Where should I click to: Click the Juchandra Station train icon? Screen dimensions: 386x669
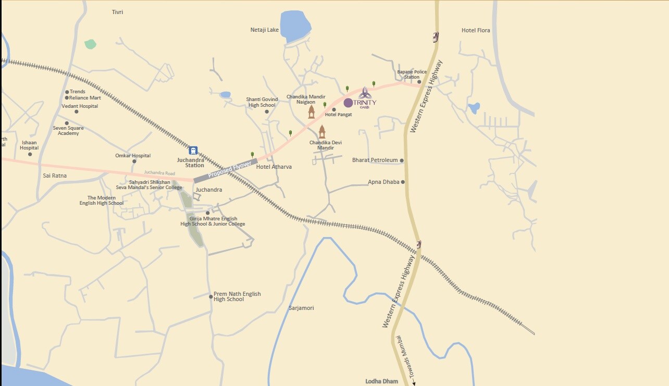tap(193, 150)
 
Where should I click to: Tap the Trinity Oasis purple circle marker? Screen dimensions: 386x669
tap(348, 103)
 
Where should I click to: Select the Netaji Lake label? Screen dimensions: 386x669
tap(265, 30)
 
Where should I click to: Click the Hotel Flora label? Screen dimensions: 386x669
tap(476, 30)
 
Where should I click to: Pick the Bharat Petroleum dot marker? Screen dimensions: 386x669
tap(402, 160)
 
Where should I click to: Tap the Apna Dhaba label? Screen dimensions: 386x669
tap(383, 182)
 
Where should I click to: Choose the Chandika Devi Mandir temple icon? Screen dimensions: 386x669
tap(322, 131)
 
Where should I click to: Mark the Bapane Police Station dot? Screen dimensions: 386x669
tap(419, 82)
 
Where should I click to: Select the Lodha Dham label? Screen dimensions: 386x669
tap(381, 381)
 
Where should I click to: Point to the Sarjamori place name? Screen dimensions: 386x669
tap(301, 308)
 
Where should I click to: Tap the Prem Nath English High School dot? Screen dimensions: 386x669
tap(211, 296)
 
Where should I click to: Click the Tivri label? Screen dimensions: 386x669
tap(117, 12)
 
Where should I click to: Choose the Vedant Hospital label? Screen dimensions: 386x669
tap(80, 106)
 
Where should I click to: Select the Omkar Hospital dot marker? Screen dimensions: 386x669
tap(134, 161)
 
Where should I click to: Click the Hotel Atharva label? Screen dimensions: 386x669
tap(274, 167)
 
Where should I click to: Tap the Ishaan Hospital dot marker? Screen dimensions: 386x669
tap(30, 154)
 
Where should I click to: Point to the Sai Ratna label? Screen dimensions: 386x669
tap(55, 176)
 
